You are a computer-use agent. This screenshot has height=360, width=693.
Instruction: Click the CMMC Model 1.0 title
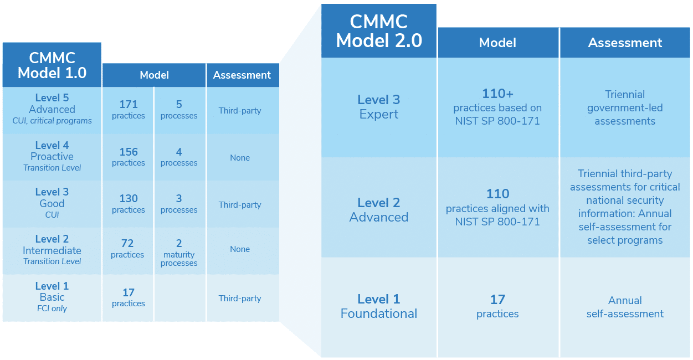[x=52, y=65]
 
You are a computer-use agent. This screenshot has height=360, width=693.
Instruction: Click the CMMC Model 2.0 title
[x=379, y=31]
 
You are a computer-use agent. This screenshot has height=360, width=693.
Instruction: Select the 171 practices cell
[x=128, y=110]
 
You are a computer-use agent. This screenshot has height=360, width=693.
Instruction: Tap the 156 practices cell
[x=128, y=157]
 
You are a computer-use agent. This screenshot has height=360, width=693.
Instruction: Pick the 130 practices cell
[x=128, y=204]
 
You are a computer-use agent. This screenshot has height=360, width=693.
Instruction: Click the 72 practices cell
[x=128, y=249]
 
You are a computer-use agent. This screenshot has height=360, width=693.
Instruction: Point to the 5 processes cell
[x=179, y=110]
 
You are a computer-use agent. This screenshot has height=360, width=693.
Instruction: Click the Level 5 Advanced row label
[x=52, y=109]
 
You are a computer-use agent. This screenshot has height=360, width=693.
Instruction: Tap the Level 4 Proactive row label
[x=52, y=156]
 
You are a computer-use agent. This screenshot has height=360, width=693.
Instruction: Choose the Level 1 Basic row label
[x=52, y=297]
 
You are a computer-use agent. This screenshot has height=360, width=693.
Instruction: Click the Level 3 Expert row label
[x=379, y=107]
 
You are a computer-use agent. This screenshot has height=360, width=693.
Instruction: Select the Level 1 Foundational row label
[x=379, y=306]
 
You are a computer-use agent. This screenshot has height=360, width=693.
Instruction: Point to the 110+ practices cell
[x=497, y=107]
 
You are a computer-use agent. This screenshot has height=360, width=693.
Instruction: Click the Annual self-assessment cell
[x=625, y=307]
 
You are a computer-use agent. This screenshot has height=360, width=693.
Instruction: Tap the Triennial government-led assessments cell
[x=625, y=107]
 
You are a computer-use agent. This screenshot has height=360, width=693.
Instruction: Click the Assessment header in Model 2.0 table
[x=625, y=43]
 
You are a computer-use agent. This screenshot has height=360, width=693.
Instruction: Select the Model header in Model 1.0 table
[x=154, y=75]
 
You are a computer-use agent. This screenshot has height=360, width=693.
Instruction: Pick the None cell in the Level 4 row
[x=240, y=158]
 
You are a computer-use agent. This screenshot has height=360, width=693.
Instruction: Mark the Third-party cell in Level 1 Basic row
[x=240, y=299]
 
